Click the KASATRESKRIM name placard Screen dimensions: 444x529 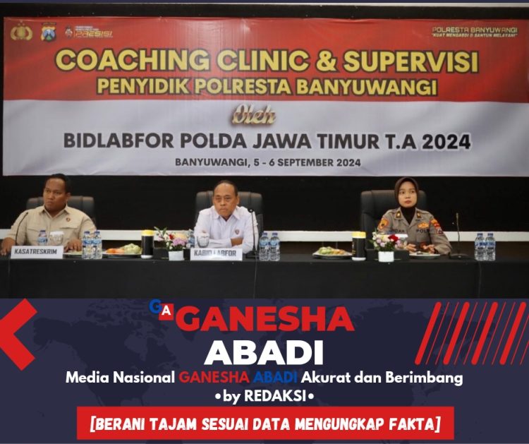pos(37,251)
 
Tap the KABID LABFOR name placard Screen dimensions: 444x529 pos(216,254)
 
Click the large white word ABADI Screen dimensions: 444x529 pos(263,351)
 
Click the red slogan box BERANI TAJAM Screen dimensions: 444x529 pos(265,424)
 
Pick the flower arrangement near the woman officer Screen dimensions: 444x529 pos(386,242)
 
